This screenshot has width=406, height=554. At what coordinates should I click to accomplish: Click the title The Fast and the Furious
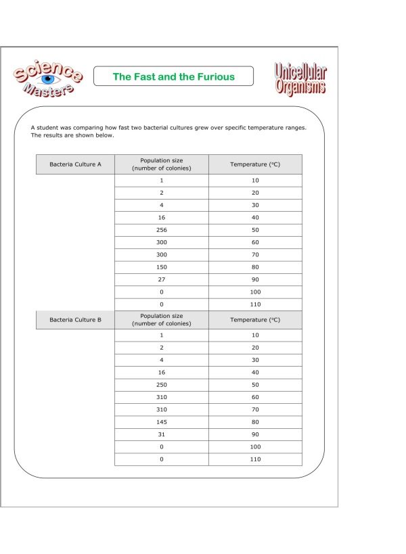[173, 76]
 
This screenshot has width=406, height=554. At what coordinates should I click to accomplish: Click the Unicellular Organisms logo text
[300, 79]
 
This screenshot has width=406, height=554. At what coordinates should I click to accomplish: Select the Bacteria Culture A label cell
[75, 164]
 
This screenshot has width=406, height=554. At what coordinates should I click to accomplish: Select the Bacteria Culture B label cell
[75, 319]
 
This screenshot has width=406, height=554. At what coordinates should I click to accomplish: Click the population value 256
[161, 229]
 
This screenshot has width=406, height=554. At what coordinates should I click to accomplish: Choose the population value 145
[161, 422]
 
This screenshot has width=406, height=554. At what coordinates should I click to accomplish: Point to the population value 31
[161, 435]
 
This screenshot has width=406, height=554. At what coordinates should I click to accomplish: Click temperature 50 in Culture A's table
[254, 229]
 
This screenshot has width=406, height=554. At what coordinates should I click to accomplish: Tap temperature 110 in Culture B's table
[254, 460]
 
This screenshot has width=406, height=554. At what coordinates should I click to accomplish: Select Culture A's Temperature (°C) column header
[254, 164]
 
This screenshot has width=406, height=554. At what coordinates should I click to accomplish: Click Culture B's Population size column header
[161, 319]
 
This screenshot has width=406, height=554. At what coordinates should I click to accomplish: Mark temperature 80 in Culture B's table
[254, 422]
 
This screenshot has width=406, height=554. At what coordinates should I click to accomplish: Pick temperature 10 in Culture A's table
[254, 180]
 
